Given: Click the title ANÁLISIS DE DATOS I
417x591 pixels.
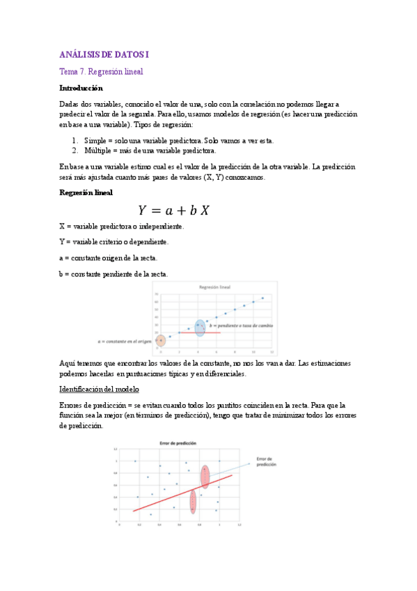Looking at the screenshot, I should click(x=104, y=54).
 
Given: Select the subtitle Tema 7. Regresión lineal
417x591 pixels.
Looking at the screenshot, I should click(x=101, y=71).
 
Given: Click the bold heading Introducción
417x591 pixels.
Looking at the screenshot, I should click(x=81, y=89).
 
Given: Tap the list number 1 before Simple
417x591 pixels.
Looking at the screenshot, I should click(x=74, y=140).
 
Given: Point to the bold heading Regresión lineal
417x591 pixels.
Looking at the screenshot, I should click(x=86, y=192).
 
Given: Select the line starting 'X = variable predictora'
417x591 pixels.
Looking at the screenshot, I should click(x=121, y=227).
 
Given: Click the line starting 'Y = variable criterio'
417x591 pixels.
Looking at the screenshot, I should click(x=113, y=242).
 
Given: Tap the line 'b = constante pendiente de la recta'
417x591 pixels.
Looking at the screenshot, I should click(x=113, y=274).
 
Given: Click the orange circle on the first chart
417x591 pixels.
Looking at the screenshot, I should click(x=161, y=341).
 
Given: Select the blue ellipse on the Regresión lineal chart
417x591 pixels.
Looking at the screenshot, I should click(x=200, y=328).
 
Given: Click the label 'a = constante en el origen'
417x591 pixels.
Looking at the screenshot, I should click(x=125, y=341).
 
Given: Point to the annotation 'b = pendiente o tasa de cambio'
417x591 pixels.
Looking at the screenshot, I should click(x=238, y=326).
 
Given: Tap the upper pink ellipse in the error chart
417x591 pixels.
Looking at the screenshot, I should click(x=205, y=476).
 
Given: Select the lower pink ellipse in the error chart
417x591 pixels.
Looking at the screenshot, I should click(x=193, y=502).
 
